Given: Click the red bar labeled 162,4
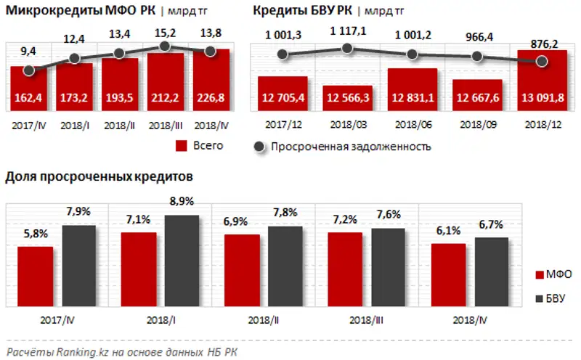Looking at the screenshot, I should tap(28, 90).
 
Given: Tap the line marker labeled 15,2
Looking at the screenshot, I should tap(166, 46).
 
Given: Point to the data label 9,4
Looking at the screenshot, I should tap(28, 50).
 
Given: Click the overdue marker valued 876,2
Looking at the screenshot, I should tap(542, 62).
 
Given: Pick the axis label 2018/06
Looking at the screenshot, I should tap(413, 125).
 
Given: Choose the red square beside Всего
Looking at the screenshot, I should tap(182, 146).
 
